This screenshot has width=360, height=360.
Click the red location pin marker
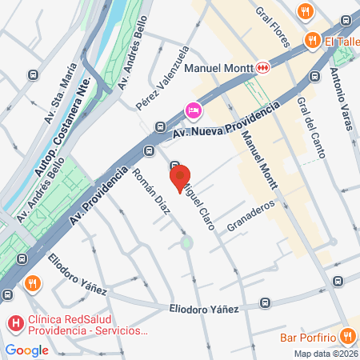click(180, 177)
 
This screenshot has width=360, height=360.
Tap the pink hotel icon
click(193, 110)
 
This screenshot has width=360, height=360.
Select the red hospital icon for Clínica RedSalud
click(15, 324)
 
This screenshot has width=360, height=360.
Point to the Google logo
click(26, 350)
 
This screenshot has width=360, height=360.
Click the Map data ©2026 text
click(325, 354)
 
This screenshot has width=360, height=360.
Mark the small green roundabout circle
click(186, 242)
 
